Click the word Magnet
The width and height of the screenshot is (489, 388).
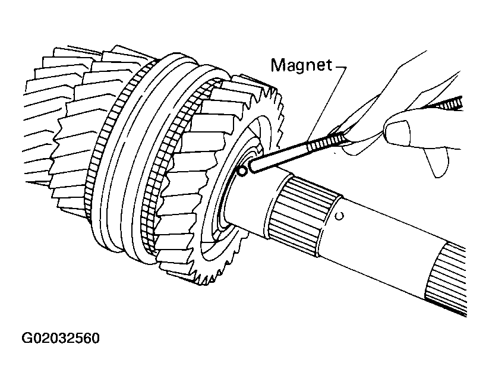pos(301,65)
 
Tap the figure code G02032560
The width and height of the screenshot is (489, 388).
pos(61,338)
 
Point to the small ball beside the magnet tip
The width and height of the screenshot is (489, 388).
pos(242,171)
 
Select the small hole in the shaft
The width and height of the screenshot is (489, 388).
pos(340,216)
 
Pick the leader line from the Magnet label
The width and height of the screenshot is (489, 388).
pos(326,103)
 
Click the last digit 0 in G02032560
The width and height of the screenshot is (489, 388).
pos(96,338)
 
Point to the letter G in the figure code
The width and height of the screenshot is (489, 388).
pos(26,338)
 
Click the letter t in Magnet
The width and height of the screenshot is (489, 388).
pos(329,65)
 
